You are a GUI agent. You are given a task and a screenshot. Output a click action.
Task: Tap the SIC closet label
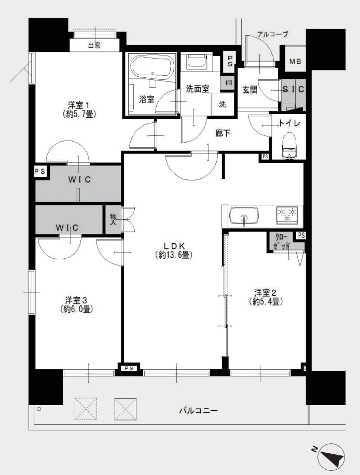[x=293, y=89]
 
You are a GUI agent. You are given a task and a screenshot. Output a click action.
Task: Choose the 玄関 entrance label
[x=250, y=89]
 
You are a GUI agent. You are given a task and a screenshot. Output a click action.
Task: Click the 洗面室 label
[x=197, y=89]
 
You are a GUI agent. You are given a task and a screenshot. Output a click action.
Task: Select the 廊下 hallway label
[x=223, y=133]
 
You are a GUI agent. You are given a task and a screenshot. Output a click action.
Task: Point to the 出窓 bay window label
[x=94, y=45]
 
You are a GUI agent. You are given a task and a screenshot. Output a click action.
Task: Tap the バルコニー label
[x=198, y=411]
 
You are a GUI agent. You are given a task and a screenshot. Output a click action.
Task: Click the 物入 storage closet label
[x=113, y=219]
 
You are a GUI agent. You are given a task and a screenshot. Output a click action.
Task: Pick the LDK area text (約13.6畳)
[x=174, y=255]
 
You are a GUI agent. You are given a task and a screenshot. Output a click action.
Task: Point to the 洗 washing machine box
[x=222, y=104]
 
